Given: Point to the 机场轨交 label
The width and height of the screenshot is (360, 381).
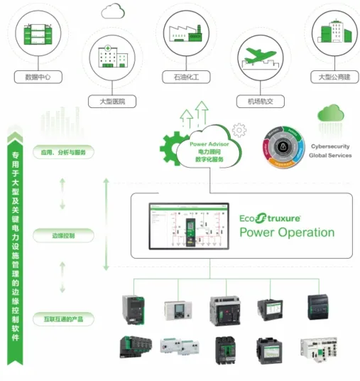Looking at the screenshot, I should click(x=256, y=102).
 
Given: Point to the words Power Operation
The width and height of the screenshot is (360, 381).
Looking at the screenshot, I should click(x=286, y=232).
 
